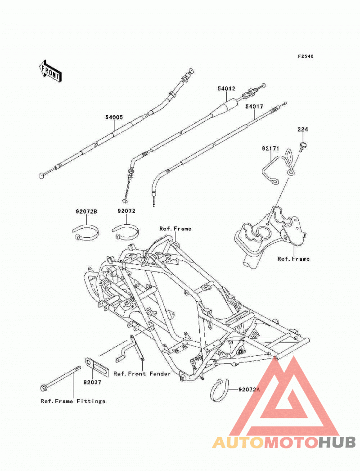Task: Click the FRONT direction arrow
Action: tap(50, 71)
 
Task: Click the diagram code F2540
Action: tap(306, 56)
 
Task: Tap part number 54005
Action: tap(114, 118)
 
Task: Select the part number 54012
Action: tap(226, 89)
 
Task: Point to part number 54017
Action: tap(254, 106)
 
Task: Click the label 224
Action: tap(303, 130)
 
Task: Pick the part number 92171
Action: tap(270, 149)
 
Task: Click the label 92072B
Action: tap(86, 212)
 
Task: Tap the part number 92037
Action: tap(93, 382)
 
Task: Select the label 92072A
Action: tap(249, 389)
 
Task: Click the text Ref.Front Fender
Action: tap(142, 374)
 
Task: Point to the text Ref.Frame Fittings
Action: tap(73, 401)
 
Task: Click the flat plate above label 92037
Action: tap(96, 366)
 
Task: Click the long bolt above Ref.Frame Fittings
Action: tap(60, 378)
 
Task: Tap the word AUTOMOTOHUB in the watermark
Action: tap(284, 443)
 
